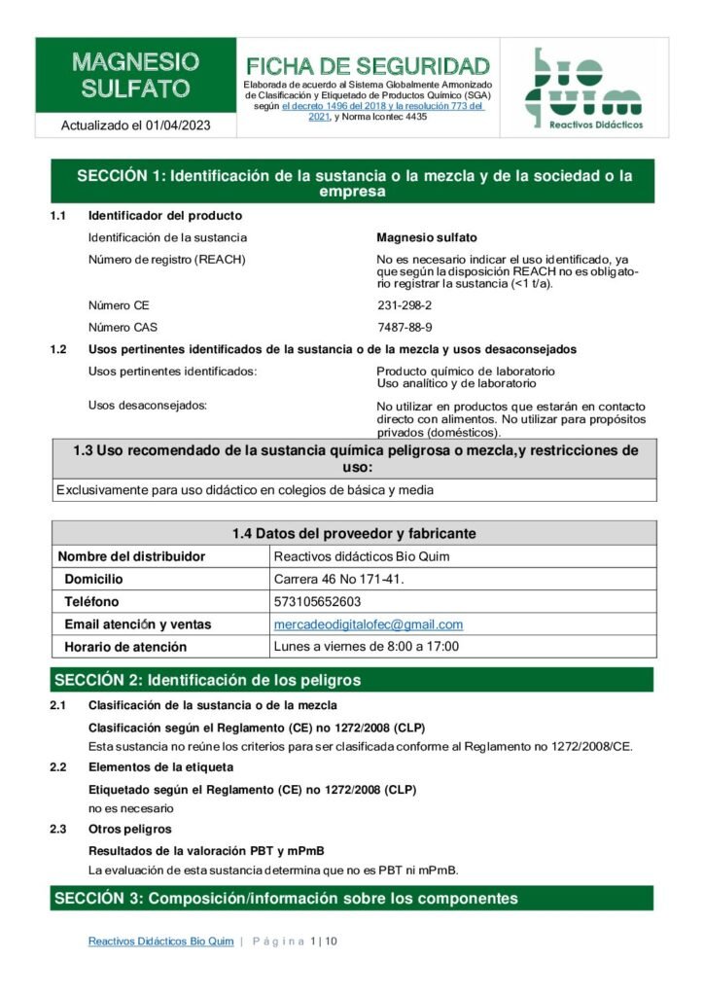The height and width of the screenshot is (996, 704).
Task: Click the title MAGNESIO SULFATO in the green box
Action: pyautogui.click(x=135, y=76)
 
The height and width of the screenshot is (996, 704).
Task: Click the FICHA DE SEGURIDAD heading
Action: pyautogui.click(x=368, y=66)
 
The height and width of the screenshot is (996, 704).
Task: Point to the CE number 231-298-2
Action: pyautogui.click(x=405, y=305)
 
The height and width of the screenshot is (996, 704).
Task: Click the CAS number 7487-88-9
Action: pyautogui.click(x=405, y=327)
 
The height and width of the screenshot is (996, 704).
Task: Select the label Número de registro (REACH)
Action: pyautogui.click(x=166, y=259)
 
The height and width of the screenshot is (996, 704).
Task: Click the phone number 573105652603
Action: pyautogui.click(x=317, y=601)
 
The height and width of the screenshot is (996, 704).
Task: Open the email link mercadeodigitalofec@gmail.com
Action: pyautogui.click(x=369, y=624)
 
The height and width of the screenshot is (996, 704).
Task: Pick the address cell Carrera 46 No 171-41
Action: pyautogui.click(x=338, y=579)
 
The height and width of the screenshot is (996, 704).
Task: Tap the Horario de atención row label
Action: pyautogui.click(x=125, y=647)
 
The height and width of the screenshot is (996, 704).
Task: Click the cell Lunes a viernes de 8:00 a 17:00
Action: pyautogui.click(x=367, y=647)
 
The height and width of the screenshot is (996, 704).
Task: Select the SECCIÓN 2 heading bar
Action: pyautogui.click(x=351, y=679)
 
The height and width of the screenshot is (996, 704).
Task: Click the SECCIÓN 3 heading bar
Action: pyautogui.click(x=351, y=898)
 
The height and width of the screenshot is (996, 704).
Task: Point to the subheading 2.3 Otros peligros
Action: pyautogui.click(x=129, y=829)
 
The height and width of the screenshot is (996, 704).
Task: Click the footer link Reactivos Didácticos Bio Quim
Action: pyautogui.click(x=160, y=942)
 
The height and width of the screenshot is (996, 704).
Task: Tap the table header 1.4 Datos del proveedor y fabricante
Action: pyautogui.click(x=353, y=533)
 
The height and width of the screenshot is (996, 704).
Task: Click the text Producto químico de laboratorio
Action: pyautogui.click(x=465, y=372)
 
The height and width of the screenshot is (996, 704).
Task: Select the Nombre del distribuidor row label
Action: pyautogui.click(x=131, y=556)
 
